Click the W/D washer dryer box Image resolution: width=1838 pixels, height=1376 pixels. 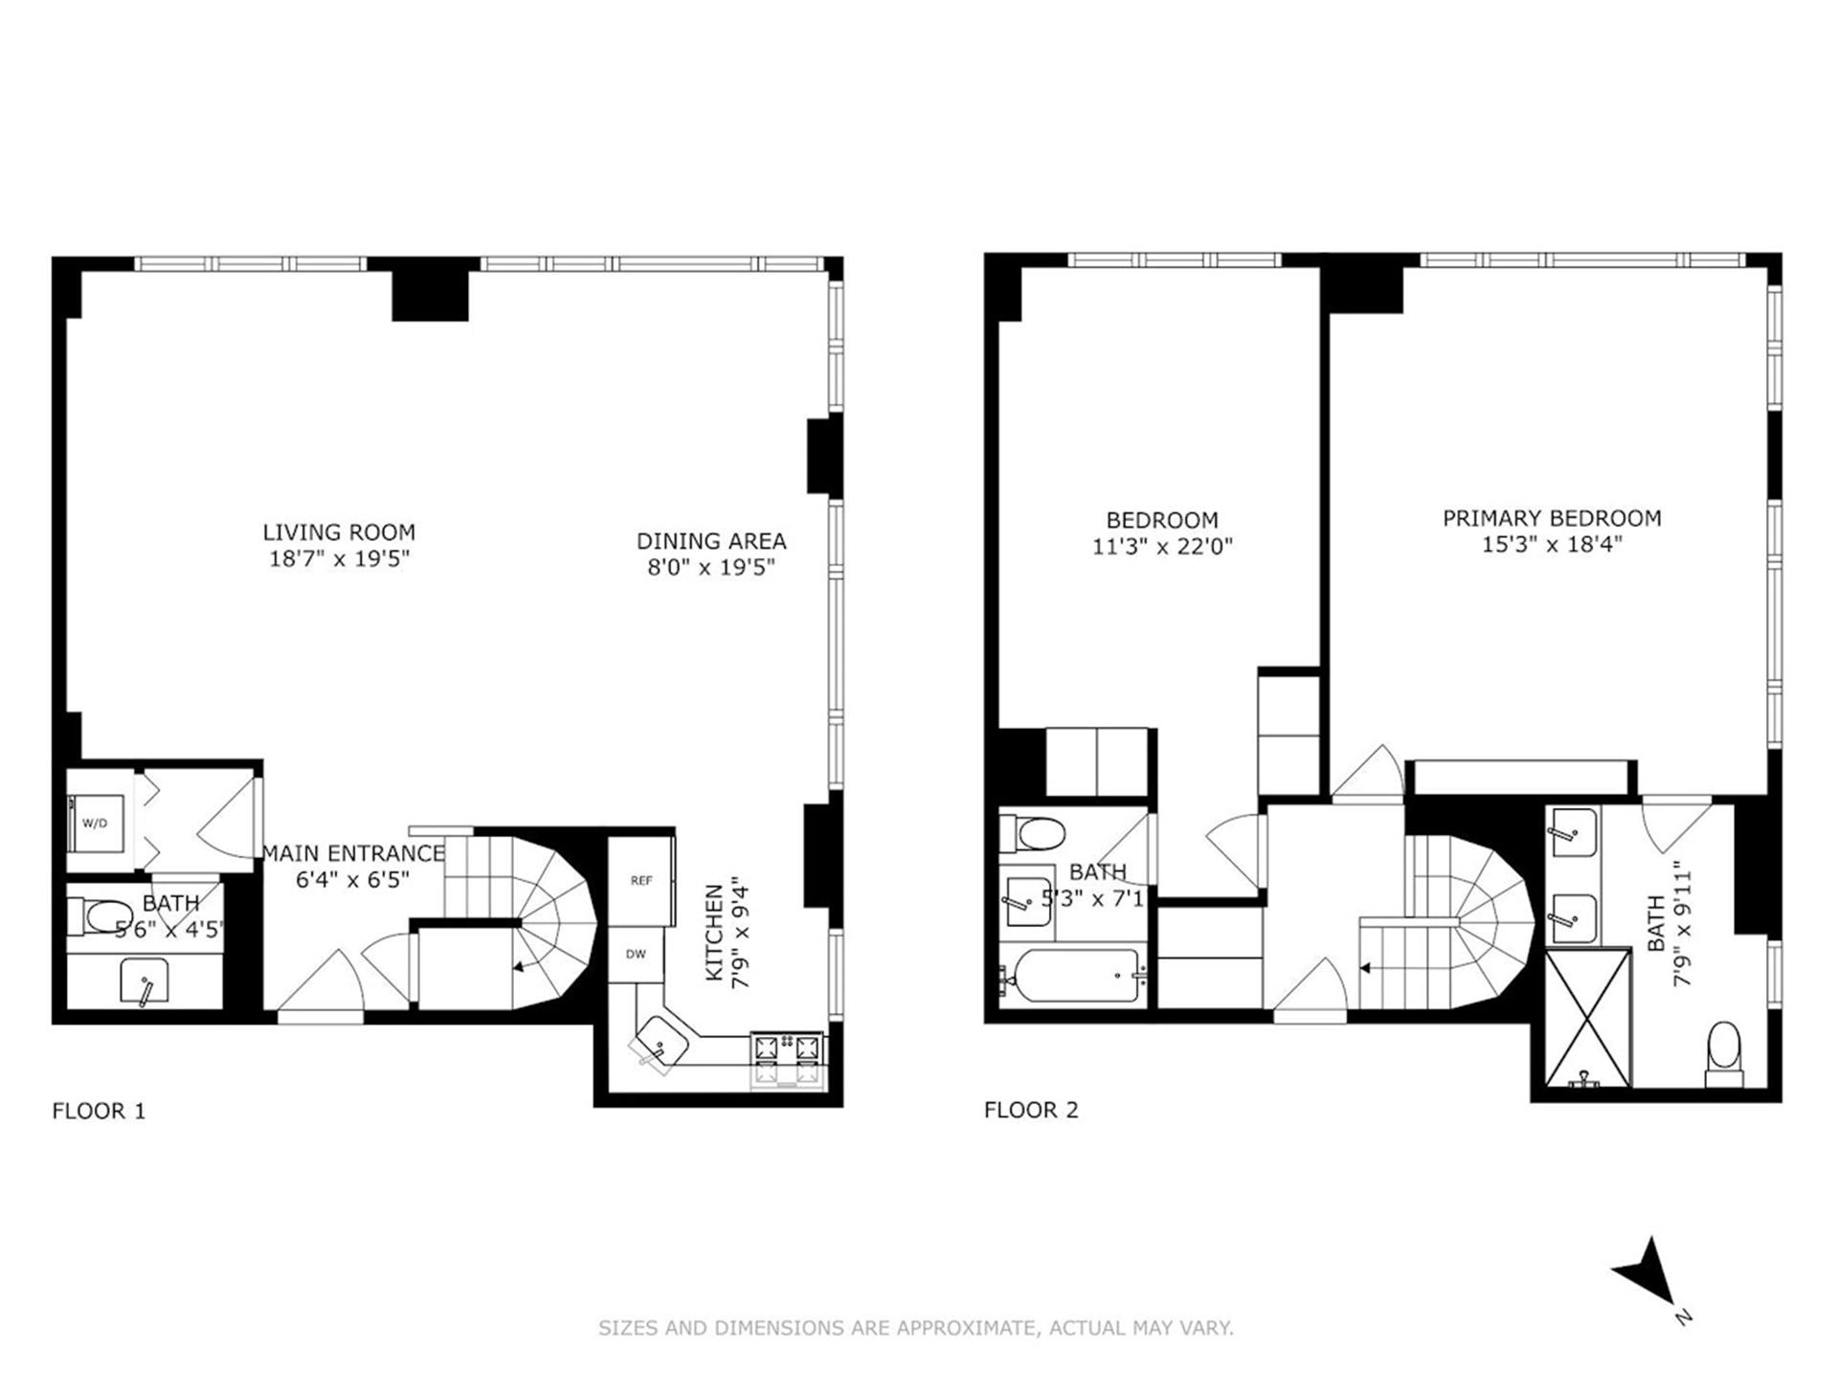97,823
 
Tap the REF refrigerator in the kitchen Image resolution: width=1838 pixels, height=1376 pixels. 640,881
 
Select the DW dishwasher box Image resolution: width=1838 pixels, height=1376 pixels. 636,954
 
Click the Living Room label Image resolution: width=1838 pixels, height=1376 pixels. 339,532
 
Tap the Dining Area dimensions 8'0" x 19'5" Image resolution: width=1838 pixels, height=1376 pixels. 710,567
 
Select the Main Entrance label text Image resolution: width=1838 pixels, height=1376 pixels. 353,853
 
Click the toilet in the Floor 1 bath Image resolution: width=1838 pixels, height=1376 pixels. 101,916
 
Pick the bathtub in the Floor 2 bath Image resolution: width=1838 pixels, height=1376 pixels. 1071,976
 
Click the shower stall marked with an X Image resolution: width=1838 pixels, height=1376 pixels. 1587,1017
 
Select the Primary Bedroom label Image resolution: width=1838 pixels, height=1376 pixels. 1551,518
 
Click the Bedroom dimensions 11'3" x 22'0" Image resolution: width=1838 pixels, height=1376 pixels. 1161,547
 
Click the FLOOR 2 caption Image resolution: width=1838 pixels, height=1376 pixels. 1030,1110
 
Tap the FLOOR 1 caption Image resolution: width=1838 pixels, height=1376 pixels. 99,1111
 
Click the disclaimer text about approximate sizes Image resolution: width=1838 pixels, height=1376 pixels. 915,1328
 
